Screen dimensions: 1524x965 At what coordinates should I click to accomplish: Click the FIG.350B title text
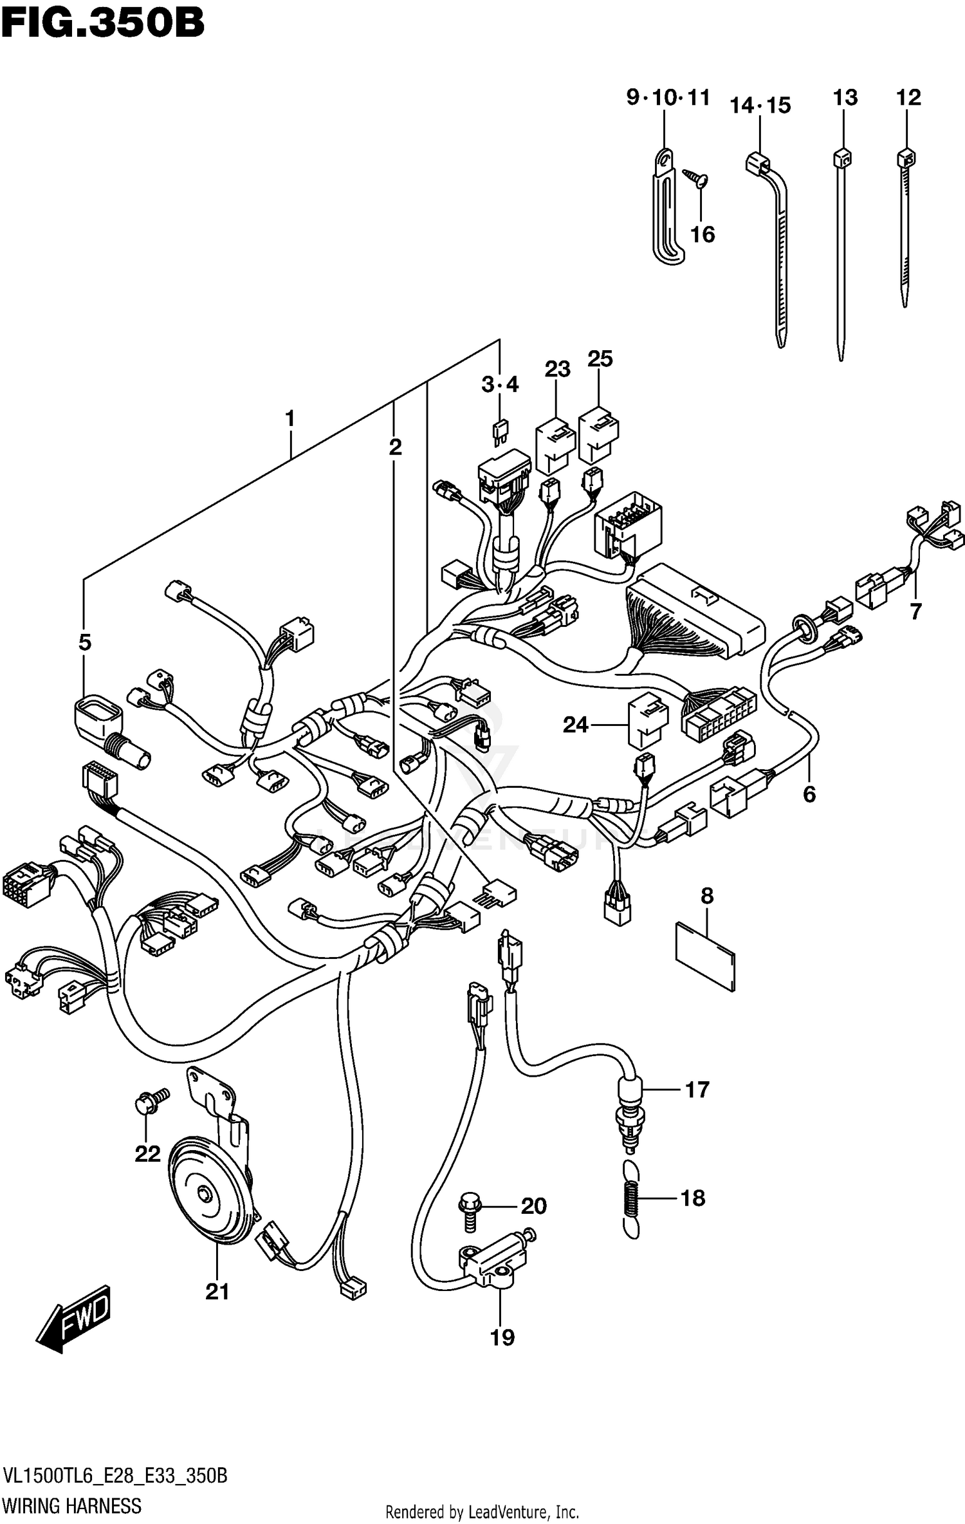pyautogui.click(x=103, y=24)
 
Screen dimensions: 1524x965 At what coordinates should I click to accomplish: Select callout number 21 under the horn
pyautogui.click(x=217, y=1291)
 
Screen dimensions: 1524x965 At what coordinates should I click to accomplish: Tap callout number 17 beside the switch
pyautogui.click(x=697, y=1090)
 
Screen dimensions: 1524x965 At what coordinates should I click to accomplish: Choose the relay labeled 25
pyautogui.click(x=598, y=434)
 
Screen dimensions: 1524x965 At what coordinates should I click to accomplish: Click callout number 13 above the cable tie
pyautogui.click(x=845, y=98)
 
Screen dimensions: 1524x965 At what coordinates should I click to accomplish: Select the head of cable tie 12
pyautogui.click(x=906, y=158)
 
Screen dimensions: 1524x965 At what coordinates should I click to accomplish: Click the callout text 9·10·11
pyautogui.click(x=668, y=98)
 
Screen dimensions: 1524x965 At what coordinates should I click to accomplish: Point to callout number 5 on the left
pyautogui.click(x=85, y=642)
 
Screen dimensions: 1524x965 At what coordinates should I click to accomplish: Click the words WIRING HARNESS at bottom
pyautogui.click(x=72, y=1505)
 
